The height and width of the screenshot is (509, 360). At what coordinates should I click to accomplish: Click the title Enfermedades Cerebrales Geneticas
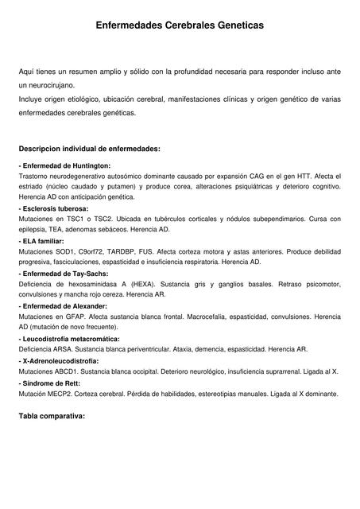pos(180,26)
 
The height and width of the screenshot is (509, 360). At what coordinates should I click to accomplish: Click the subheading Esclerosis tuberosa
pos(56,208)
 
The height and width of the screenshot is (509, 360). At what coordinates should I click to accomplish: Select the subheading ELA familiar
pos(43,239)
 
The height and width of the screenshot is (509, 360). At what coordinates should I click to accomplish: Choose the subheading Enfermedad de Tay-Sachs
pos(64,273)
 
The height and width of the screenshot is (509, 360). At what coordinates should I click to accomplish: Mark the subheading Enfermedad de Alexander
pos(63,305)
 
